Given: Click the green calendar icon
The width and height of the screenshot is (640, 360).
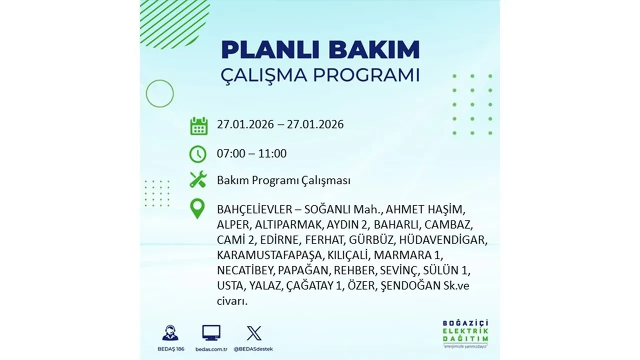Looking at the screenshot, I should pos(198,126).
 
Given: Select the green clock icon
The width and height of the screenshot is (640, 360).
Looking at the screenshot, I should pos(198,154).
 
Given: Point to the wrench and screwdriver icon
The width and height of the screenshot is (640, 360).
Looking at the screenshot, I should pos(198,179).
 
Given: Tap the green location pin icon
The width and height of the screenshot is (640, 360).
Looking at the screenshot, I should pos(198,209).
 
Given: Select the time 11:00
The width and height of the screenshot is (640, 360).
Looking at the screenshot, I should pos(273,153).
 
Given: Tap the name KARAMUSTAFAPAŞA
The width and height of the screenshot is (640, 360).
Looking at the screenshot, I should pos(270,255).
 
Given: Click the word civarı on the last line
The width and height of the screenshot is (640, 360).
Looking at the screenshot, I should pos(232,301).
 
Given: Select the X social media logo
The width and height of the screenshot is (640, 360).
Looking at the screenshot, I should pos(254,333).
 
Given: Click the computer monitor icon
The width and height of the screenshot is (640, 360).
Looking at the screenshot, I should pos(211,333).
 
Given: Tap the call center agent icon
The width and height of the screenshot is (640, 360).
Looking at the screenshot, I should pos(170,333).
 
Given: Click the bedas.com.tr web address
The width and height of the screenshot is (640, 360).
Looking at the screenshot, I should pos(211,348).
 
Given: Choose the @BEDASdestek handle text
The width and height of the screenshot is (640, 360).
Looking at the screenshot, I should pos(254,348).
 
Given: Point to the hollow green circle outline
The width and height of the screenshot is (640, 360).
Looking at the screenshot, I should pos(159,93).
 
